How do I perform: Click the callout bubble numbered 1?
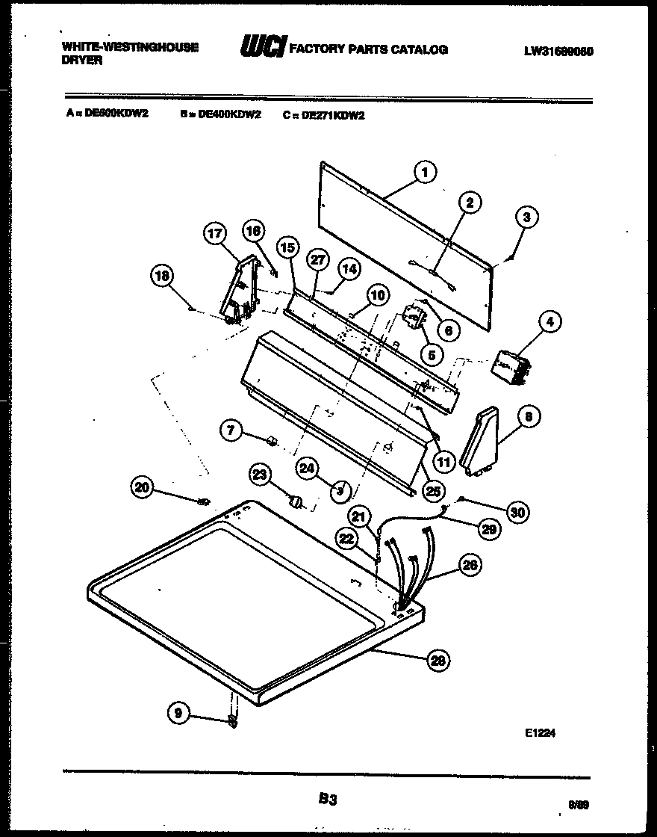click(424, 173)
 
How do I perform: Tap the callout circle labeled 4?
click(549, 322)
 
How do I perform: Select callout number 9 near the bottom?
click(178, 714)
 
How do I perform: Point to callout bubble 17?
click(214, 234)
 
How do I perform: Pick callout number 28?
click(438, 659)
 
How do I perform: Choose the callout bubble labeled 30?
click(517, 511)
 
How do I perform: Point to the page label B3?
click(327, 800)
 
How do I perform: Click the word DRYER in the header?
click(82, 61)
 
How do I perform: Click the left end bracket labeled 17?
click(239, 295)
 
